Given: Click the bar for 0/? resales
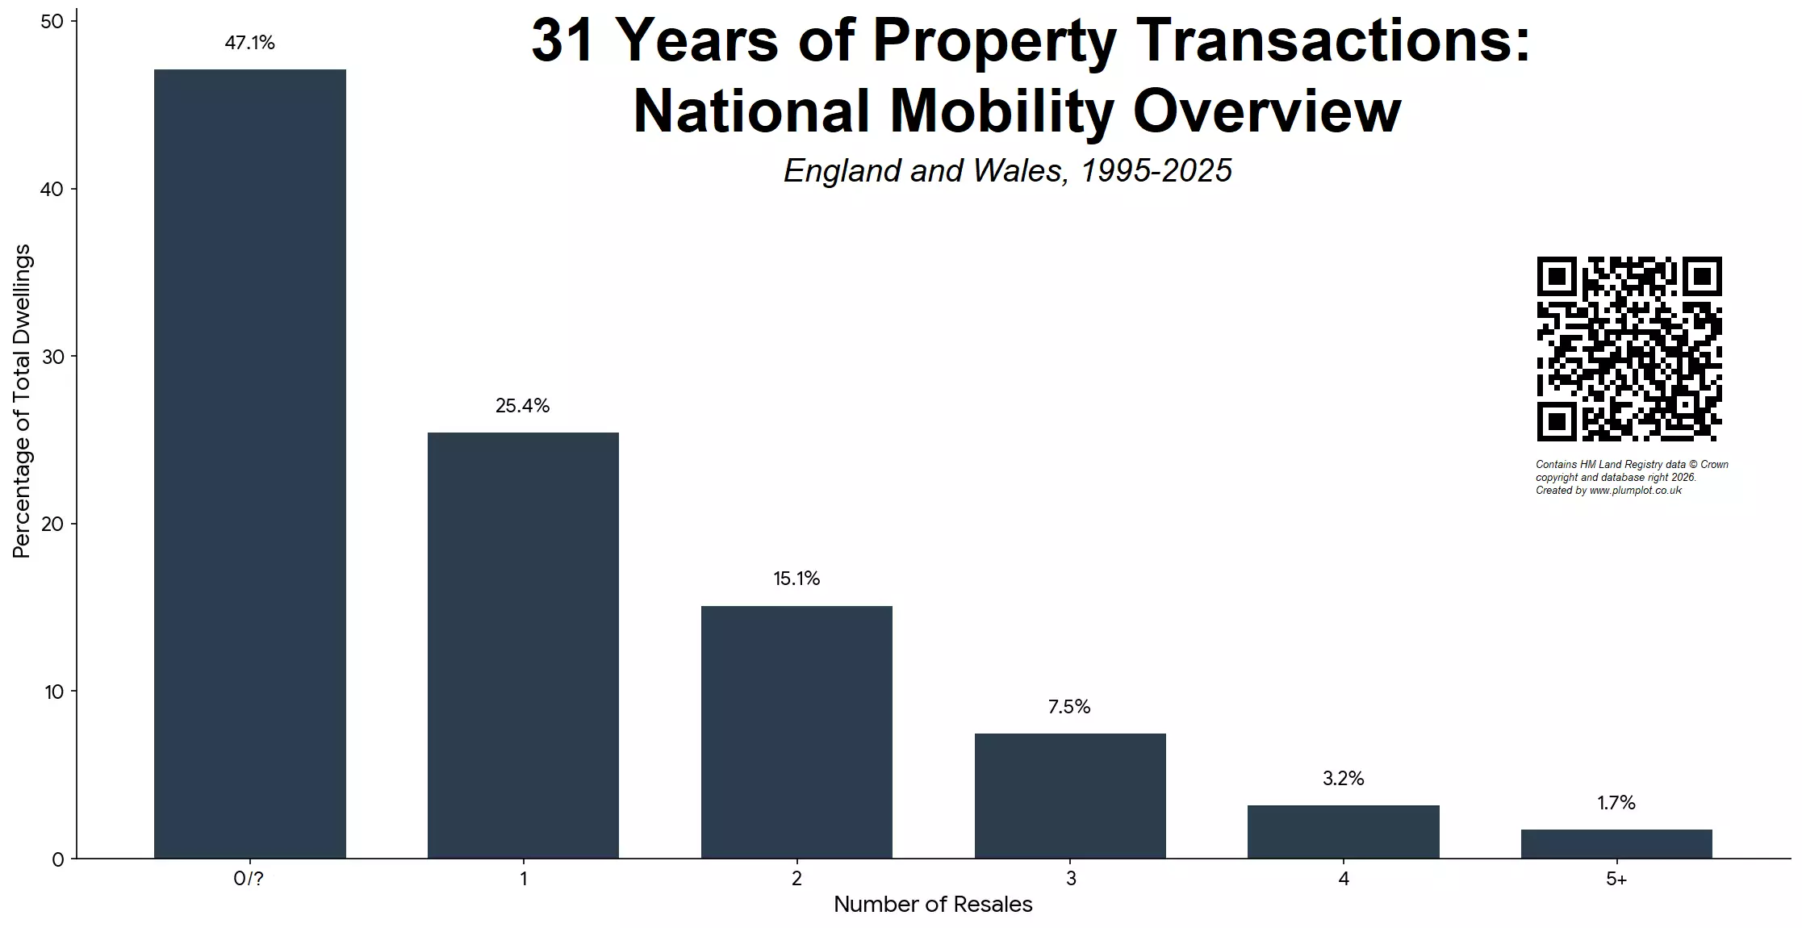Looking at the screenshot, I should click(x=249, y=464).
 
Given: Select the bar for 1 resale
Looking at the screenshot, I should click(x=523, y=646).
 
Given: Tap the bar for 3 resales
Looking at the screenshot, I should click(x=1070, y=796).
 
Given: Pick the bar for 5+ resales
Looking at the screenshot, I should click(x=1616, y=844).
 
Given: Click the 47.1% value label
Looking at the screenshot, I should click(x=249, y=43).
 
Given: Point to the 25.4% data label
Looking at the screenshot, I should click(x=522, y=406).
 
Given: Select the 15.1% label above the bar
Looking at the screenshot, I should click(x=796, y=579).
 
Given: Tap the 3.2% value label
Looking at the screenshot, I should click(x=1343, y=779).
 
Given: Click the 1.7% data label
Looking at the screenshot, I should click(x=1616, y=803).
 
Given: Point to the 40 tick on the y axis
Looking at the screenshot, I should click(x=52, y=189).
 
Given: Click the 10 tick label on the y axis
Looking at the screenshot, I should click(x=53, y=692).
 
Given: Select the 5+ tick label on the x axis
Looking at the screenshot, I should click(x=1616, y=879).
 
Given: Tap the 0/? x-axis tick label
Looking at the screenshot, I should click(x=249, y=879).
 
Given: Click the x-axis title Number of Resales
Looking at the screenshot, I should click(x=933, y=905).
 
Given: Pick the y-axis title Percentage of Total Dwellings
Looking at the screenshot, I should click(x=22, y=401).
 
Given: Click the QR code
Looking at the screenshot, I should click(x=1628, y=349).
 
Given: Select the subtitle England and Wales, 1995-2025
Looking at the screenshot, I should click(x=1007, y=170).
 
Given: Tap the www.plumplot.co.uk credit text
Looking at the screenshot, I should click(x=1635, y=491).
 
